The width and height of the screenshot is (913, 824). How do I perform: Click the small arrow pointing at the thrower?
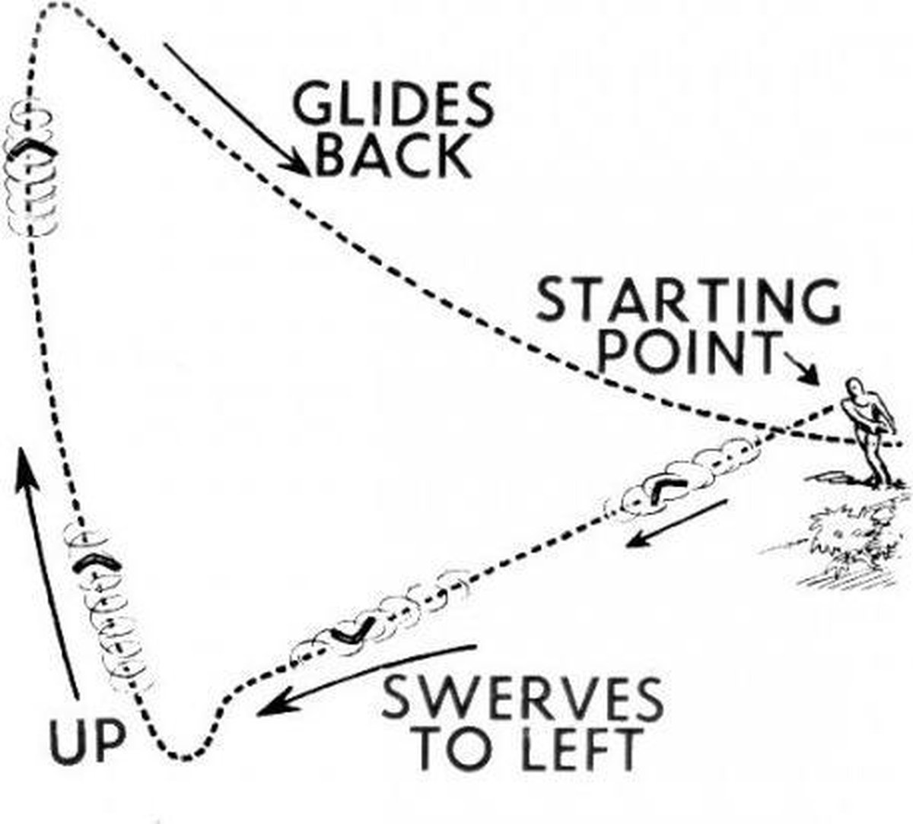pos(803,370)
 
